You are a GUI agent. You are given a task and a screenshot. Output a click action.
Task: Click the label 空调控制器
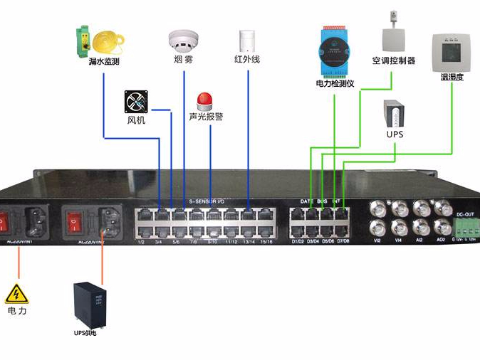click(x=393, y=60)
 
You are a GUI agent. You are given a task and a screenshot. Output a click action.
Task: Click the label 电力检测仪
click(x=335, y=83)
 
